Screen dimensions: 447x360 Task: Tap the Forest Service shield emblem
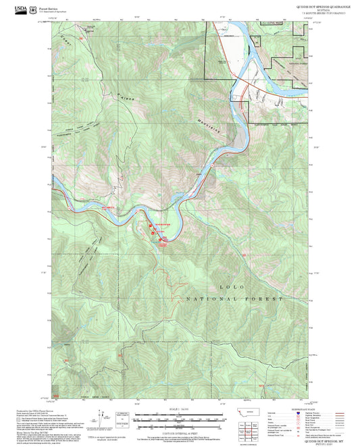[34, 9]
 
